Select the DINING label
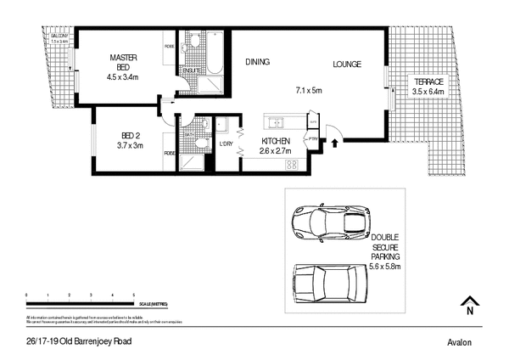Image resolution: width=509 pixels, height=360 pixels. click(x=258, y=62)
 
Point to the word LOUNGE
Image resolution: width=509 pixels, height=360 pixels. click(x=346, y=62)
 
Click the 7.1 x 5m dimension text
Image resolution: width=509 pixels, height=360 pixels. click(x=310, y=90)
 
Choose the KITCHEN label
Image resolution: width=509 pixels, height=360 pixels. click(x=276, y=140)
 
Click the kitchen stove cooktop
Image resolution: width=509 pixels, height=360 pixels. click(x=291, y=164)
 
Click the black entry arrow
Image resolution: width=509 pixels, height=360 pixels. click(x=333, y=143)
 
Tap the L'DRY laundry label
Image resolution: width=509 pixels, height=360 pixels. click(x=227, y=143)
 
